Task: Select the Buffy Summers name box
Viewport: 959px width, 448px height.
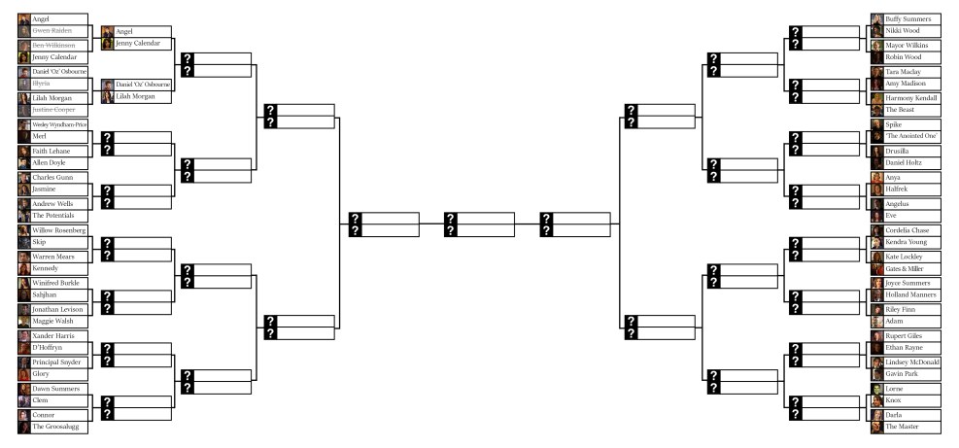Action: coord(908,18)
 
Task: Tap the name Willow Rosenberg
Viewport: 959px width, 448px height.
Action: coord(58,230)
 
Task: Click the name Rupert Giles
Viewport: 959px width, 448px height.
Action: coord(905,336)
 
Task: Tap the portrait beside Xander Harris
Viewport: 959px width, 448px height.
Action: coord(23,336)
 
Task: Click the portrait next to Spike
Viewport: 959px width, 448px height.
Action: coord(876,125)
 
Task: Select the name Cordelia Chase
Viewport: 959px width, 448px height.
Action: coord(907,230)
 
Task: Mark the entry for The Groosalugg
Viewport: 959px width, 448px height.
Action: coord(54,427)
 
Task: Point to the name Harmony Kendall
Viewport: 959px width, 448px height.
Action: coord(911,97)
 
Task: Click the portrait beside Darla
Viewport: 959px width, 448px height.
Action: coord(876,414)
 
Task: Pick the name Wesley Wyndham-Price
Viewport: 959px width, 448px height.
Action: coord(59,124)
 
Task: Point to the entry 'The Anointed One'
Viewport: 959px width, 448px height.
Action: coord(909,137)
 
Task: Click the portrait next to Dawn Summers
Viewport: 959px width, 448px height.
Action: coord(23,389)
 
